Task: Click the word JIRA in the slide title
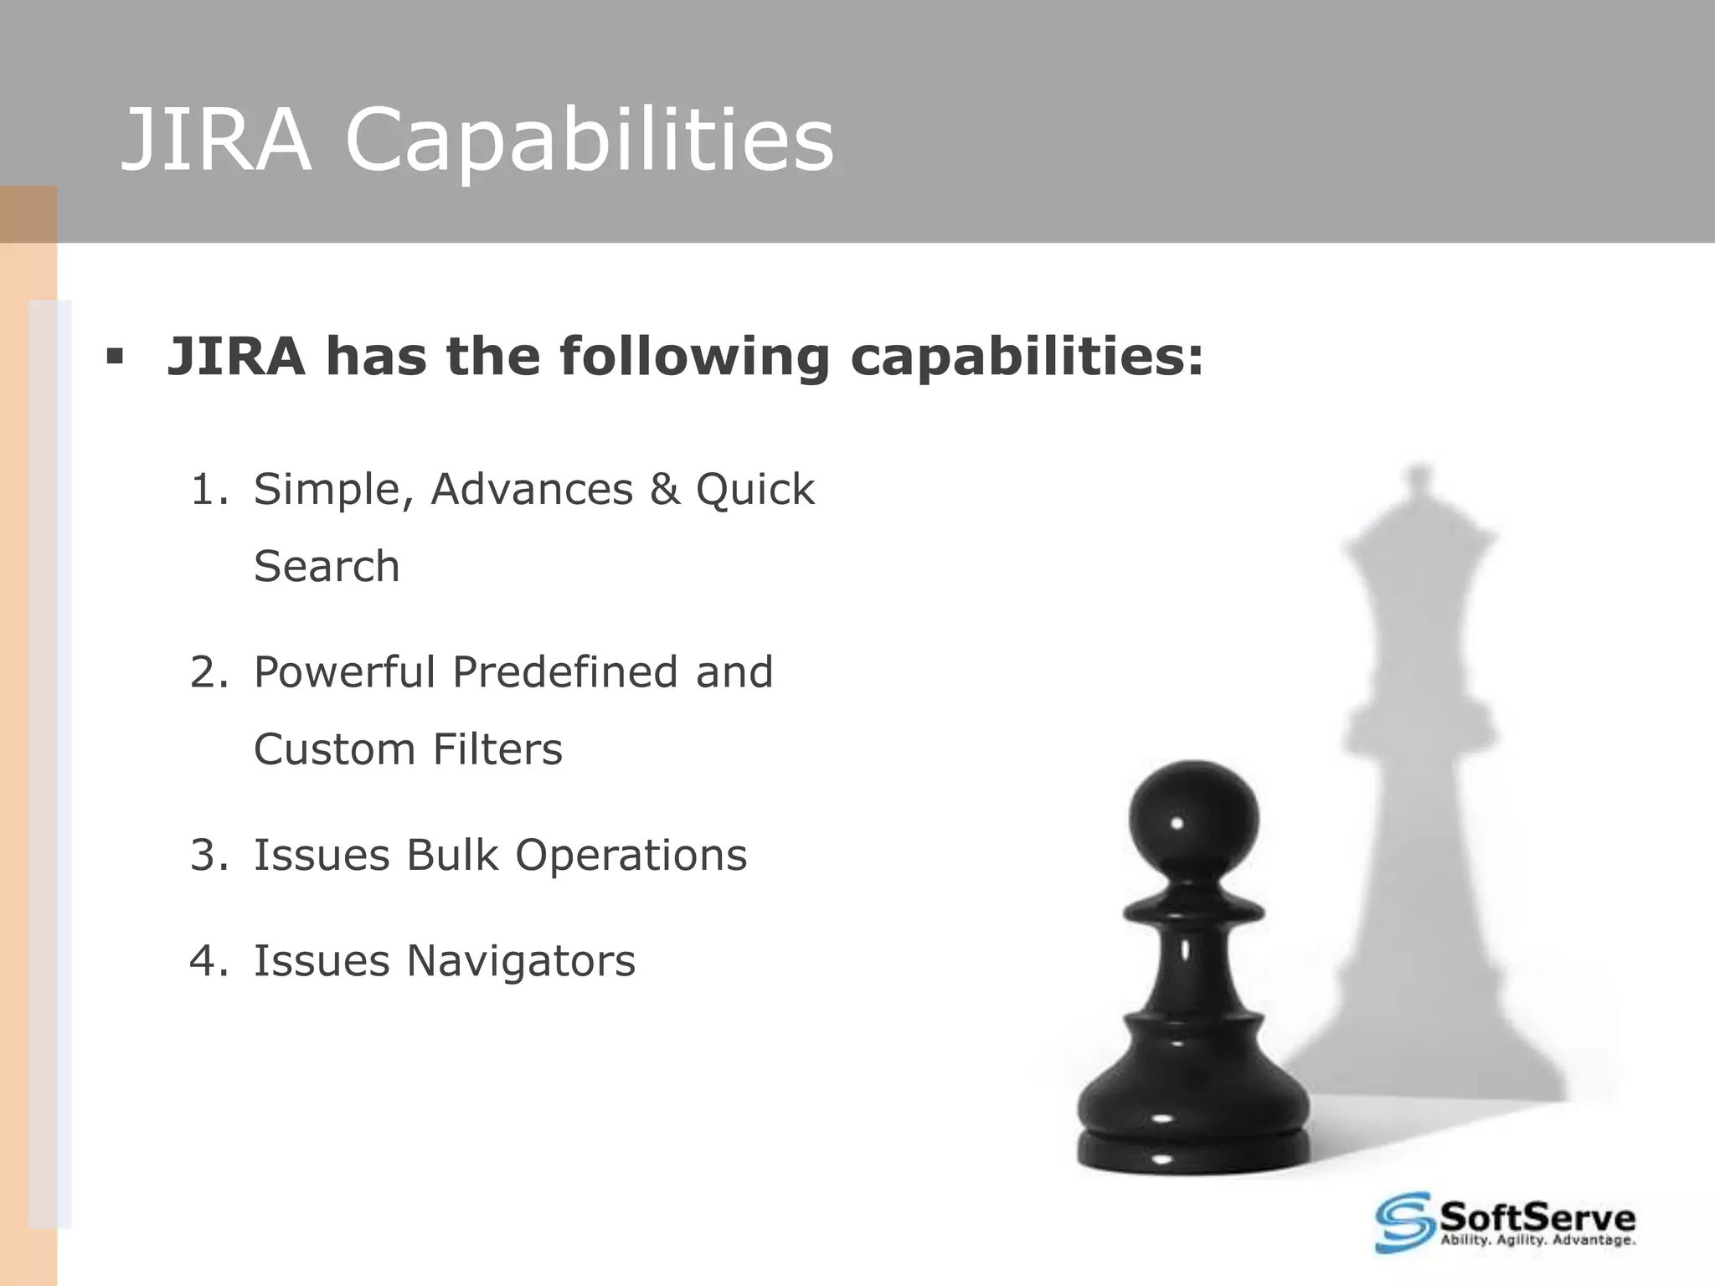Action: [216, 140]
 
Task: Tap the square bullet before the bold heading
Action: [115, 358]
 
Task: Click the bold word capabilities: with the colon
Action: [1027, 358]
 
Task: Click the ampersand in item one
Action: [664, 490]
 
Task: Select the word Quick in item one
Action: [754, 490]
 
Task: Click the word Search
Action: [327, 567]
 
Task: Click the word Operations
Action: [631, 856]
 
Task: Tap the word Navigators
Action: [521, 961]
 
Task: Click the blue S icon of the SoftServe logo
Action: [1404, 1223]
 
